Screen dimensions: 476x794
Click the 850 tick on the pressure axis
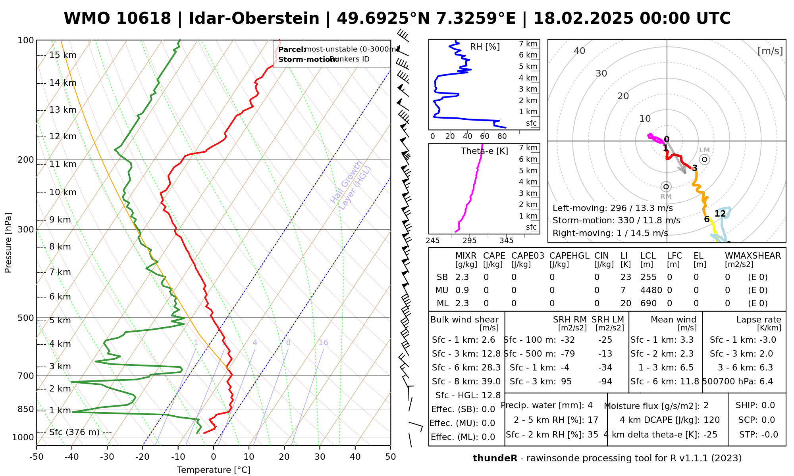click(x=26, y=409)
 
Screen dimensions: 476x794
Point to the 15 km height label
click(x=63, y=55)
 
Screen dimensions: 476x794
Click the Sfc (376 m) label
click(x=74, y=432)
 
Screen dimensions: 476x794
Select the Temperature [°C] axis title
click(x=214, y=470)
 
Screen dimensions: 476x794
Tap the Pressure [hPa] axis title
click(x=8, y=243)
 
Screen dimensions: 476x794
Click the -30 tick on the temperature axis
click(x=107, y=457)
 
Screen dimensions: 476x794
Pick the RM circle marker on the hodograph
click(x=666, y=186)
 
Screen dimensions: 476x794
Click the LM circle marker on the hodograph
click(x=705, y=159)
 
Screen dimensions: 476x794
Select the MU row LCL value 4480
click(x=651, y=290)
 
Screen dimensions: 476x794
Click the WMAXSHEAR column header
click(x=753, y=256)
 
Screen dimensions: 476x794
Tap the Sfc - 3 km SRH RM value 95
click(x=566, y=382)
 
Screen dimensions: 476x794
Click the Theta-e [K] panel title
click(x=484, y=151)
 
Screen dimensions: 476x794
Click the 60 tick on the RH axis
click(x=485, y=136)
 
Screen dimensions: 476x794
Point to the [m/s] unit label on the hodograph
click(x=770, y=51)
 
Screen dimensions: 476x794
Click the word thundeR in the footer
click(x=495, y=459)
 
